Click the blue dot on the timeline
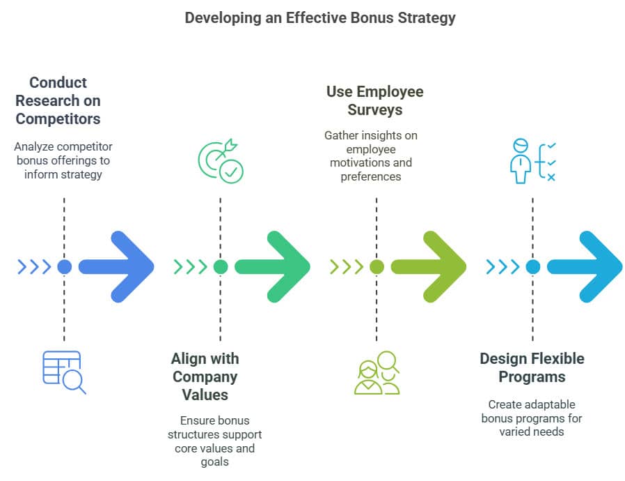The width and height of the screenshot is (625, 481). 65,266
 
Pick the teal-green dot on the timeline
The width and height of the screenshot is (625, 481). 221,266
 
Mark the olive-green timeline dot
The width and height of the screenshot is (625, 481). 377,266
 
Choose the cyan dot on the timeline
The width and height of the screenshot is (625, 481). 533,266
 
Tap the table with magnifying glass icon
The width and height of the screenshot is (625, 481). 64,372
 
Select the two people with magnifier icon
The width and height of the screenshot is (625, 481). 377,372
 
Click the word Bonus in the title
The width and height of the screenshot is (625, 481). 363,17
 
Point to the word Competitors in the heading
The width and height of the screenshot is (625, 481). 58,119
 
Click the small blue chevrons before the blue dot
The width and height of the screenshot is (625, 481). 34,266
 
